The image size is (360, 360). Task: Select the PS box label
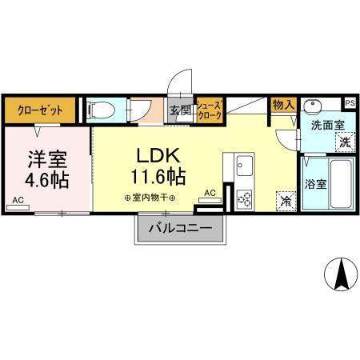click(350, 103)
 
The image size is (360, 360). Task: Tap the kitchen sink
click(244, 169)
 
